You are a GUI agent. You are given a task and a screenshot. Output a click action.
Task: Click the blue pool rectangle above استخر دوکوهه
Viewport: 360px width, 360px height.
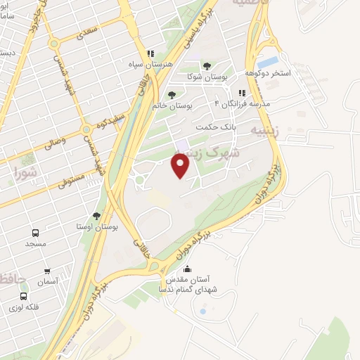(x=269, y=61)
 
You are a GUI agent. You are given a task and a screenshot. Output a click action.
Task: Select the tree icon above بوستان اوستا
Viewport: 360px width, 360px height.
(x=96, y=217)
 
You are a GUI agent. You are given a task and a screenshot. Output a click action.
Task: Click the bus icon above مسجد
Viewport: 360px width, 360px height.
(x=34, y=233)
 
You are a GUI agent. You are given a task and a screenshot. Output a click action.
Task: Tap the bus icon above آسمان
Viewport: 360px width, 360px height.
(x=48, y=271)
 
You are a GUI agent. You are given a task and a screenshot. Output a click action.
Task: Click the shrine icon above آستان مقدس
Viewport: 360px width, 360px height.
(x=186, y=269)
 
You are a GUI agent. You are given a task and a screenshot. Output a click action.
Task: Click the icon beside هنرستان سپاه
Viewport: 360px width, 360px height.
(x=150, y=53)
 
